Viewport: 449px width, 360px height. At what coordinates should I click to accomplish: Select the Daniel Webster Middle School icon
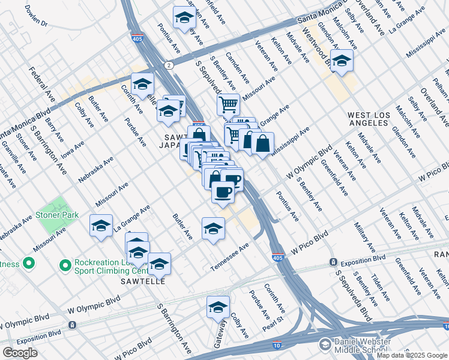(325, 345)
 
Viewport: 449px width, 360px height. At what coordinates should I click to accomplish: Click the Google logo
(20, 353)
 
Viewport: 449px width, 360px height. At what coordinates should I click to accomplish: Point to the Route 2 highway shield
(170, 65)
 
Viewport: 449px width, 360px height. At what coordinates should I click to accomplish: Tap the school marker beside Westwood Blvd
(342, 61)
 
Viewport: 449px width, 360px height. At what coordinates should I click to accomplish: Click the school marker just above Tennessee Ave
(213, 228)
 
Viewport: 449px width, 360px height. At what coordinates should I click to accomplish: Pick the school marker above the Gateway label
(218, 307)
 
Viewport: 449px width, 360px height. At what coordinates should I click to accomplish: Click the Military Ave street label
(364, 237)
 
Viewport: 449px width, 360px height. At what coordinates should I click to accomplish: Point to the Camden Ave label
(238, 71)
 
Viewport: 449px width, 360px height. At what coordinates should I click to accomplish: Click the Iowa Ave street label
(73, 149)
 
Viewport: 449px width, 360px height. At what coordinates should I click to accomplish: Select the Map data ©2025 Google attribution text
(412, 355)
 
